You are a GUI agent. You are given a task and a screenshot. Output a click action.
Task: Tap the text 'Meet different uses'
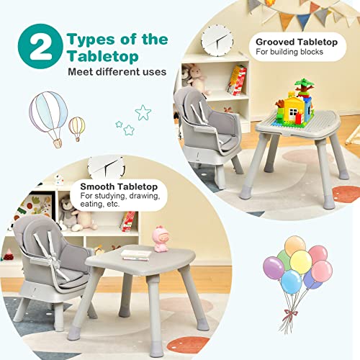click(117, 72)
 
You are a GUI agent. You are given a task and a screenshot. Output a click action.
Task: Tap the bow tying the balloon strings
click(290, 312)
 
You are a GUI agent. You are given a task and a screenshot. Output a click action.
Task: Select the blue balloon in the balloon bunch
click(292, 281)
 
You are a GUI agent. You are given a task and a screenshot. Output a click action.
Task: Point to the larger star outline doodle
click(143, 112)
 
